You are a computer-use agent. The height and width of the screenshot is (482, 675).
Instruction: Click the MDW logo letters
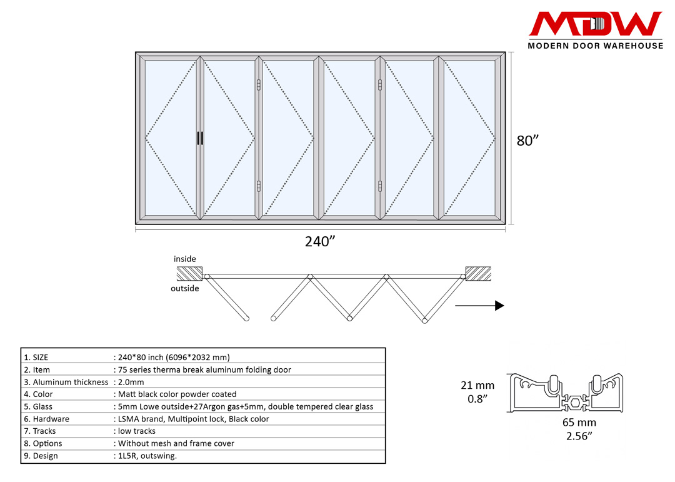(595, 24)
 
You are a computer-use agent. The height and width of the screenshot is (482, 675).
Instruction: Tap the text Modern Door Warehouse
(595, 46)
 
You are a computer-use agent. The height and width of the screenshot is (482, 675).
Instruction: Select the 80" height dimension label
(527, 141)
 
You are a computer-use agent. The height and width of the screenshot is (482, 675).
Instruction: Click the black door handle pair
(200, 139)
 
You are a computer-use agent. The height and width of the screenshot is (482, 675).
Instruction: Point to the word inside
(185, 259)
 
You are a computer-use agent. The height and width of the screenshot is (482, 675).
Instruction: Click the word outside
(185, 288)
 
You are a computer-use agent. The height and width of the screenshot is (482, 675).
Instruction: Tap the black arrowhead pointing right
(499, 306)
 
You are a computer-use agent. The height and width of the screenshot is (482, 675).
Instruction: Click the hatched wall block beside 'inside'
(190, 273)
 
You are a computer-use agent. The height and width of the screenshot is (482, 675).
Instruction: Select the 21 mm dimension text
(477, 385)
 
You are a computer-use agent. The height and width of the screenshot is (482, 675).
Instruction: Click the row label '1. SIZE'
(36, 358)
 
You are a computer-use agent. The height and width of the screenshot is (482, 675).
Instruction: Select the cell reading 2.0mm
(131, 382)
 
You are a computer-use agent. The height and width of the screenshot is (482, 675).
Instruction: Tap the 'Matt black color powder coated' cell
(177, 394)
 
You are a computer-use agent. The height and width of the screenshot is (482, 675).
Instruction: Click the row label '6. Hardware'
(46, 419)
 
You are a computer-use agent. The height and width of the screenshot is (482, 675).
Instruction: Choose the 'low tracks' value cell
(137, 431)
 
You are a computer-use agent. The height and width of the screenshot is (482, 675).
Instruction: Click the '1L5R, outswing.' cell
(147, 456)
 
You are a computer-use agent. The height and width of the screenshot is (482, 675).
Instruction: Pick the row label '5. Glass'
(38, 406)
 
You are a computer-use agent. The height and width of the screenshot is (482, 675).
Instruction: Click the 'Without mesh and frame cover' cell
(176, 443)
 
